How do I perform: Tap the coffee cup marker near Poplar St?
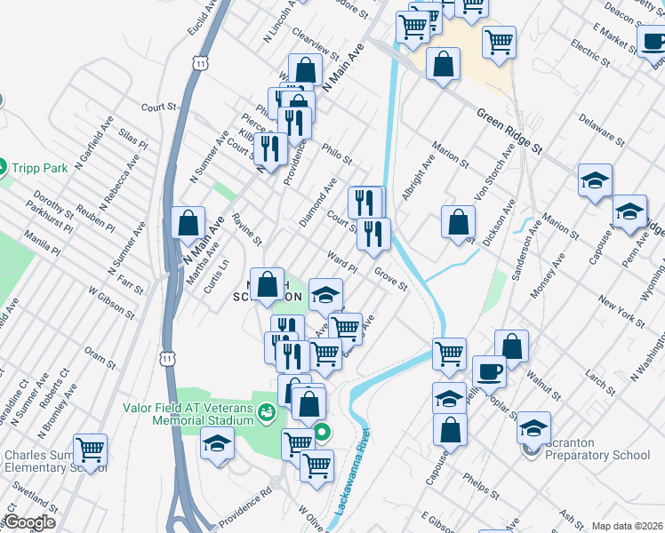pyautogui.click(x=489, y=370)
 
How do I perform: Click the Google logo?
pyautogui.click(x=28, y=522)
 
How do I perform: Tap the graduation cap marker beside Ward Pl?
pyautogui.click(x=326, y=294)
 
